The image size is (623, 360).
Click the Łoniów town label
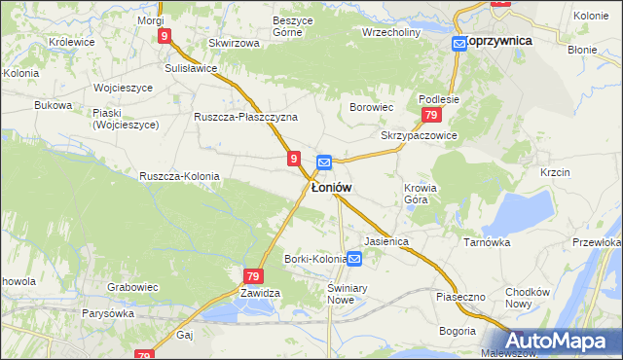coord(331,187)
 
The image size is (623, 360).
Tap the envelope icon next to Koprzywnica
coord(458,43)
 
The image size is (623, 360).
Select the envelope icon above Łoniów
coord(324,162)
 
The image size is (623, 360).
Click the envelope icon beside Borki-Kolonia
coord(355,259)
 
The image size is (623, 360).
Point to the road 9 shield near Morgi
coord(165,36)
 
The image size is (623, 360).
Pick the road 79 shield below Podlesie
coord(429,116)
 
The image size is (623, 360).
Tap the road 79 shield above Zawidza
coord(253,276)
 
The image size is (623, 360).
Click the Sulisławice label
coord(190,69)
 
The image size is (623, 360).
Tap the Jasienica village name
coord(385,240)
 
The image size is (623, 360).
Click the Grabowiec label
coord(132,288)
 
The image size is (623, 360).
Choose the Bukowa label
coord(53,104)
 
